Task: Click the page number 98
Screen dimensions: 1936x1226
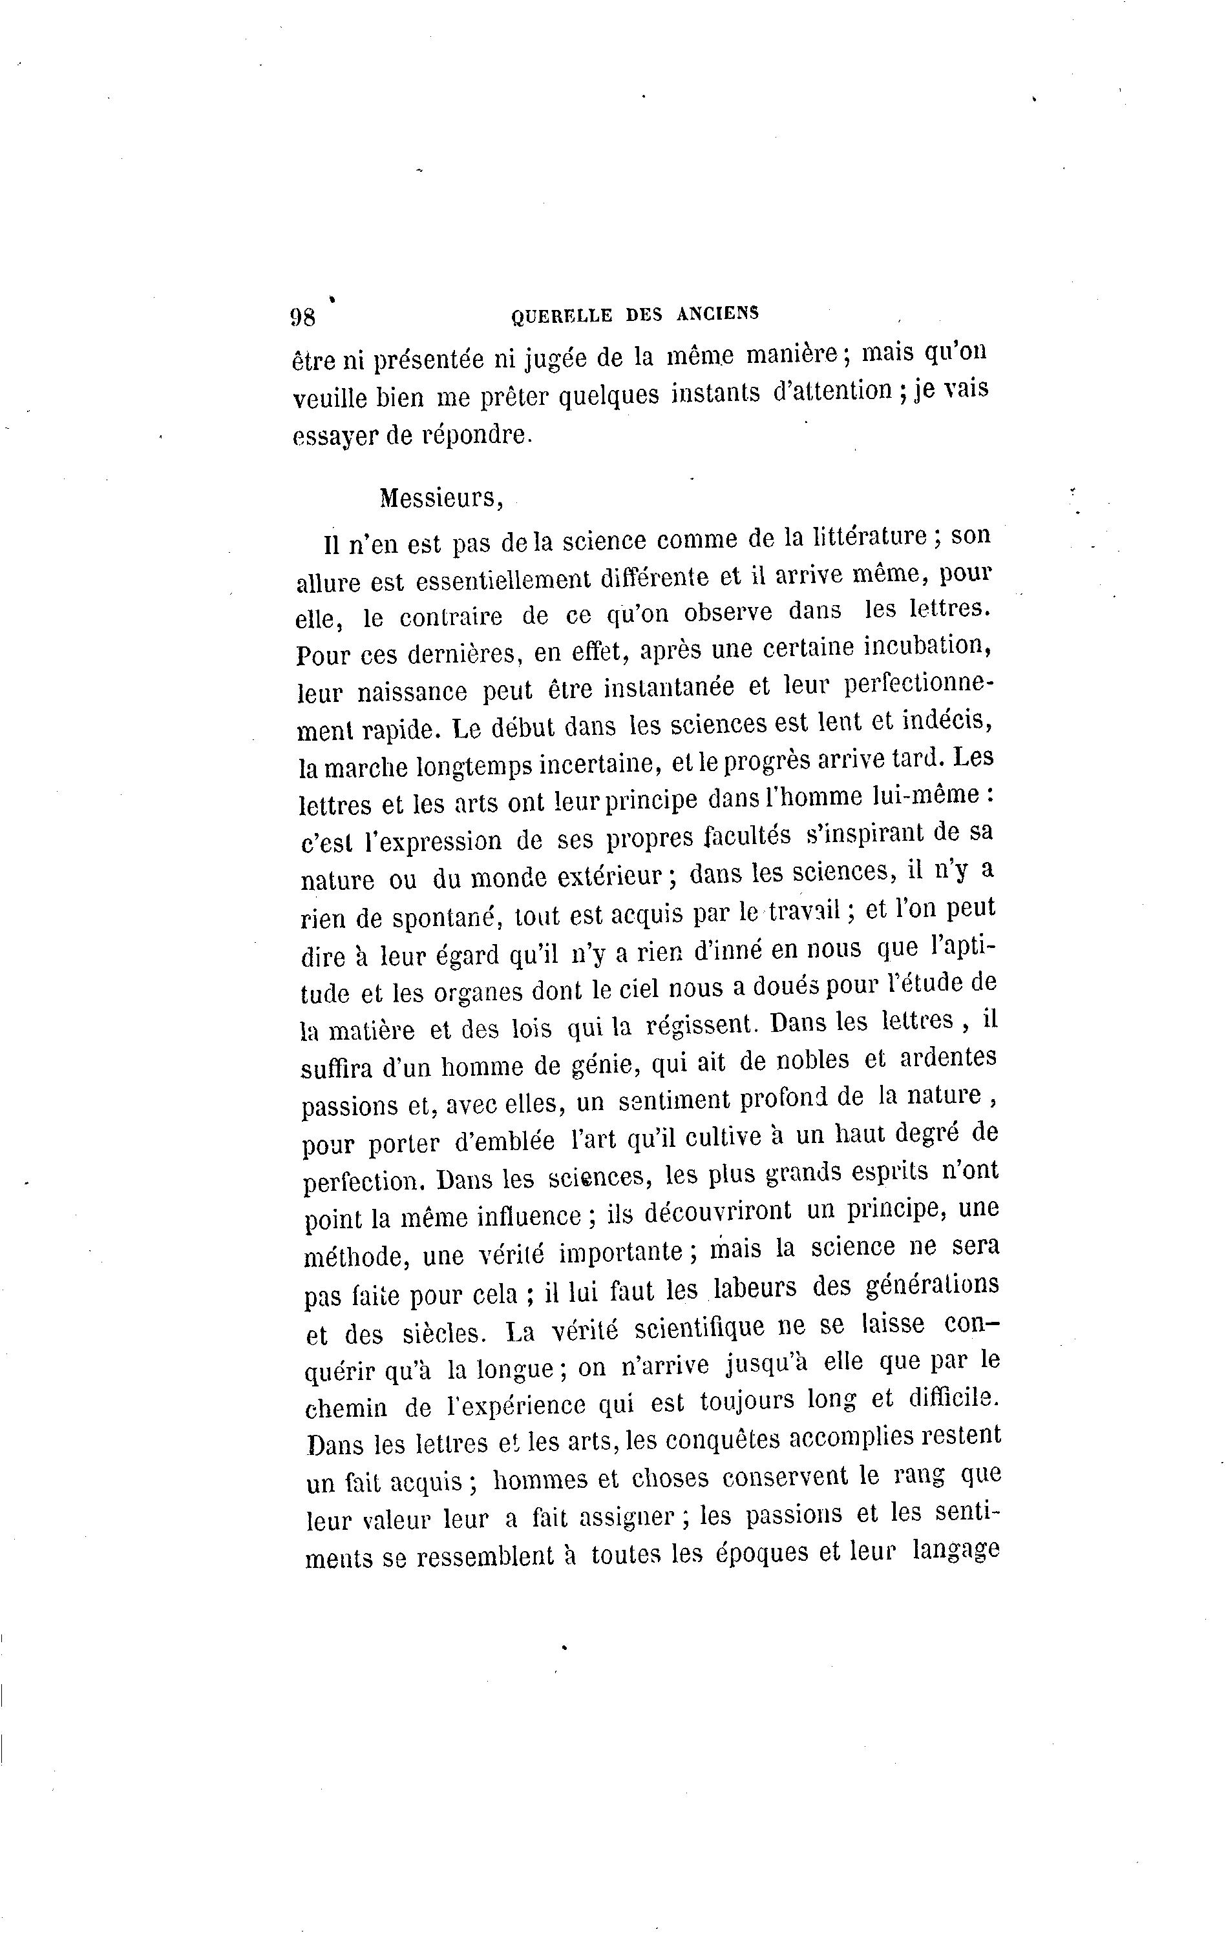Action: coord(302,317)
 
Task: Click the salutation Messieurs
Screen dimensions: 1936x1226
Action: coord(441,499)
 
